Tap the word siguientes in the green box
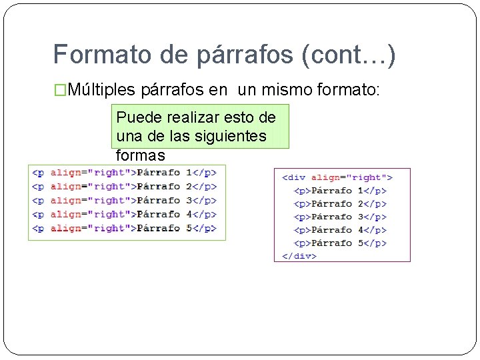[x=233, y=137]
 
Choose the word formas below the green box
[x=140, y=155]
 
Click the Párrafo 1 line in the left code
[x=124, y=172]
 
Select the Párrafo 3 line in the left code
[x=124, y=200]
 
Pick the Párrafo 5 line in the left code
[x=124, y=228]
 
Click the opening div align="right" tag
[x=337, y=177]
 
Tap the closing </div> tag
[x=299, y=255]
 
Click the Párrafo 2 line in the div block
[x=340, y=203]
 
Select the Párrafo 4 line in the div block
[x=340, y=230]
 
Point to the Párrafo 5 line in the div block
[x=340, y=243]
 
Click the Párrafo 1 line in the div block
[x=340, y=191]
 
